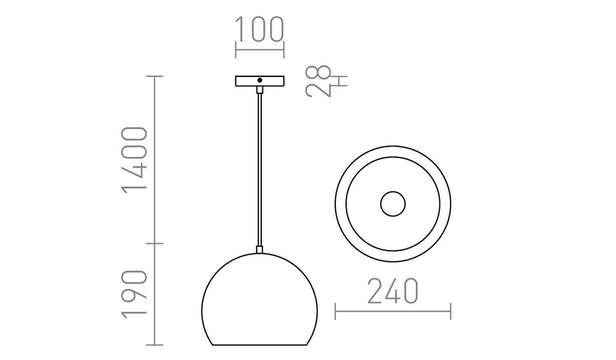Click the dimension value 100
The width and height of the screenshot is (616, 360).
point(259,29)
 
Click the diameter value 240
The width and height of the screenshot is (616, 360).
point(393,291)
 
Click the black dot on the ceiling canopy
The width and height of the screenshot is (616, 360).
point(260,81)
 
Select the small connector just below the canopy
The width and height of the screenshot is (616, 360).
point(260,90)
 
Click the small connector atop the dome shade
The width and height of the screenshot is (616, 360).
point(260,250)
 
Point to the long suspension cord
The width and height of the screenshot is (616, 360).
point(260,169)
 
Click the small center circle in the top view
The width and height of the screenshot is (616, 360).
point(393,204)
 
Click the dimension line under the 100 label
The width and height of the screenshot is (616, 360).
point(259,50)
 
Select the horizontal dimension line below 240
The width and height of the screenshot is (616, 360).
point(393,311)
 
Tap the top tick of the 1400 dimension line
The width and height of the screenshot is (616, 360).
point(155,77)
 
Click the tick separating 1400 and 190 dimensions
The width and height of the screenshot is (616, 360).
point(155,243)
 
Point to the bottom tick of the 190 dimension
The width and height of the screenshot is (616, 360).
point(155,345)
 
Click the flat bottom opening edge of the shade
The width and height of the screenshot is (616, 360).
point(260,345)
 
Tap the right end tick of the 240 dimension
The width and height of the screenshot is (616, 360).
point(451,311)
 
